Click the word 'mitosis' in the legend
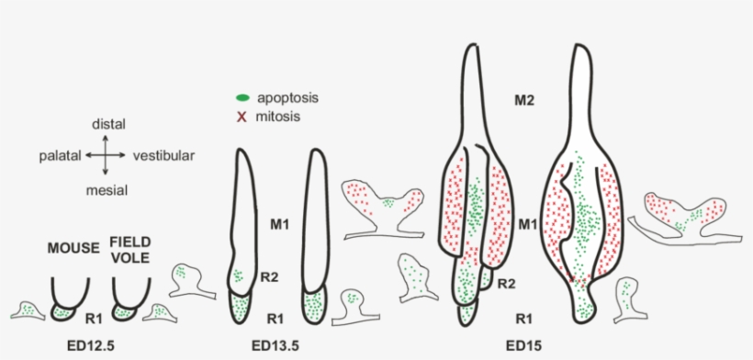[x=280, y=117]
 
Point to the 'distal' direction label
[x=108, y=124]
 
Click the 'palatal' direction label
[x=60, y=156]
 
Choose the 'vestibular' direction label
[x=163, y=156]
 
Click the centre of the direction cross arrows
[x=108, y=156]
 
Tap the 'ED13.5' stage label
[x=275, y=347]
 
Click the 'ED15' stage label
[x=524, y=347]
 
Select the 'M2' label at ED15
[x=524, y=98]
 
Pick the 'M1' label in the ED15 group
[x=528, y=223]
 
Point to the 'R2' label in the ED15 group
[x=507, y=285]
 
